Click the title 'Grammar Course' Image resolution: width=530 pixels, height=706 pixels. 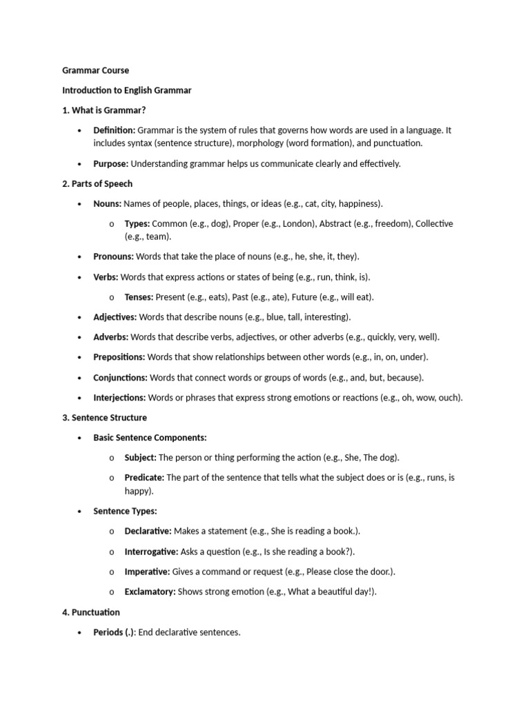(x=95, y=70)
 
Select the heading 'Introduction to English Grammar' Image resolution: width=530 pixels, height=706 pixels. (x=127, y=90)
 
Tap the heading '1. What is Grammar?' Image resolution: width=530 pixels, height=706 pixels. (x=104, y=110)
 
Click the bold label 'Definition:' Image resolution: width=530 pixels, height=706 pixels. (x=114, y=130)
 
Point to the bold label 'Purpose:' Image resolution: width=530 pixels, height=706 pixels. (x=110, y=164)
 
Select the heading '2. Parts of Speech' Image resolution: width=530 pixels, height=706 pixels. (x=97, y=184)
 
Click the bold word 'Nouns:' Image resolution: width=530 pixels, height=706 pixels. (x=107, y=204)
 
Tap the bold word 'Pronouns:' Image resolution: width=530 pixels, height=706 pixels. (x=114, y=257)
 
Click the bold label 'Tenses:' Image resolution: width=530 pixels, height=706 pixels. (x=139, y=298)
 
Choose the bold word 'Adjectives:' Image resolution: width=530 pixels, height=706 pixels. (x=115, y=318)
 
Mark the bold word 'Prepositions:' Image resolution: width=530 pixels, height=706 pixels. (x=119, y=358)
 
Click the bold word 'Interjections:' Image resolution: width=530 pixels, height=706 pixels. (x=119, y=398)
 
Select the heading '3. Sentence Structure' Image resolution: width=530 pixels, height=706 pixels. (x=104, y=418)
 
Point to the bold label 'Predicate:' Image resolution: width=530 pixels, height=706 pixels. (x=144, y=478)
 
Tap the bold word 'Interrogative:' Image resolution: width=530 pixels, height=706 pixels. (x=151, y=552)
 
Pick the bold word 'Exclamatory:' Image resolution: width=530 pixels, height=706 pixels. (x=150, y=592)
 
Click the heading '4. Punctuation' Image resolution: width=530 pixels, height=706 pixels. (x=91, y=612)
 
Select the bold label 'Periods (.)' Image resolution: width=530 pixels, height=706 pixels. (x=114, y=632)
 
